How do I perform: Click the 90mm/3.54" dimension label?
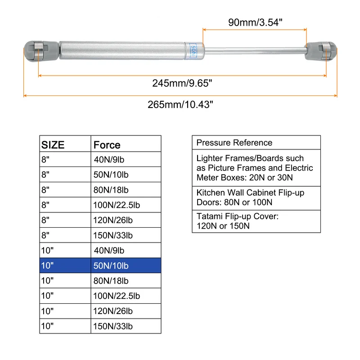255,22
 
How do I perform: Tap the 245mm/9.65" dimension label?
182,83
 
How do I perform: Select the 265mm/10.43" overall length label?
180,104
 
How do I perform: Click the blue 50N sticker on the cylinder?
193,50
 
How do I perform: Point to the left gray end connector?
41,51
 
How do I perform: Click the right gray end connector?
320,51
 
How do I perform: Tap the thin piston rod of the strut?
255,51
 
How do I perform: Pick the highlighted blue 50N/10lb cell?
126,265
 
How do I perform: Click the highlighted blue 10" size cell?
65,265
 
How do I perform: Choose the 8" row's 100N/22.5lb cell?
126,205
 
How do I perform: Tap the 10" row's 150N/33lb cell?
126,326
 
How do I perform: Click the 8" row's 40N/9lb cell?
126,159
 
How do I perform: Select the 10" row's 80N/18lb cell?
126,280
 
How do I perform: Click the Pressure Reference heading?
234,143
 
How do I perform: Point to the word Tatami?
210,216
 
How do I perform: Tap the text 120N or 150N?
223,226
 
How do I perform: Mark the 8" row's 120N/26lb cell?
126,220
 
